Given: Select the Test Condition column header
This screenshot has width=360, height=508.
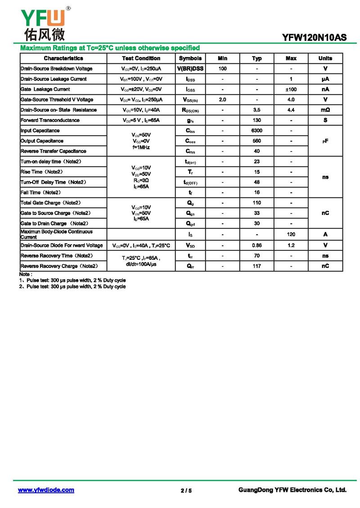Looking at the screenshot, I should tap(141, 58).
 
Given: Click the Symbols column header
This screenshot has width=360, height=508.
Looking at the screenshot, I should tap(190, 58).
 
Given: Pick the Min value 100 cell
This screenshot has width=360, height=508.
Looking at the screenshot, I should tap(222, 69).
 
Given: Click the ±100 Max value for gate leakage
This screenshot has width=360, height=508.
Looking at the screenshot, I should tap(291, 89).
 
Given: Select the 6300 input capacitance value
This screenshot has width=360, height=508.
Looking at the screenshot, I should tap(257, 131).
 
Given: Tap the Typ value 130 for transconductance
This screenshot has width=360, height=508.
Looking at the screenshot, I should tap(257, 120).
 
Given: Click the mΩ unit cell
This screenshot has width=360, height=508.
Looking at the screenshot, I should tap(325, 110).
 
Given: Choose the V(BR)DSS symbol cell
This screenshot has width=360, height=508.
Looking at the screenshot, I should tap(190, 69).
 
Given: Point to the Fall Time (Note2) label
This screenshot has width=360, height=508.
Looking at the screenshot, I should tap(40, 193).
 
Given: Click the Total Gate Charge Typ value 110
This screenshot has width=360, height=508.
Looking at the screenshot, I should tap(257, 203).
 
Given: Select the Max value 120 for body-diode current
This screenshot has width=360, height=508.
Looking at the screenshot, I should tap(291, 234).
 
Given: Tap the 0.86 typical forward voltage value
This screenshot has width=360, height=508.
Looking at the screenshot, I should tap(257, 245).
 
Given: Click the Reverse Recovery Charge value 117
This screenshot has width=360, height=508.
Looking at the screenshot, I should tap(257, 266).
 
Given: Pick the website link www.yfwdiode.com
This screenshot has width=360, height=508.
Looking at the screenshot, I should tap(46, 490).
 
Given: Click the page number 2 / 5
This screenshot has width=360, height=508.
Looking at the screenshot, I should tap(186, 490).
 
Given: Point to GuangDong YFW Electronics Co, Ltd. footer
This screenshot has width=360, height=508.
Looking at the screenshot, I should tap(292, 490).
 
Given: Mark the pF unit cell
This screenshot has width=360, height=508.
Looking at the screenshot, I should tap(325, 141).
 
